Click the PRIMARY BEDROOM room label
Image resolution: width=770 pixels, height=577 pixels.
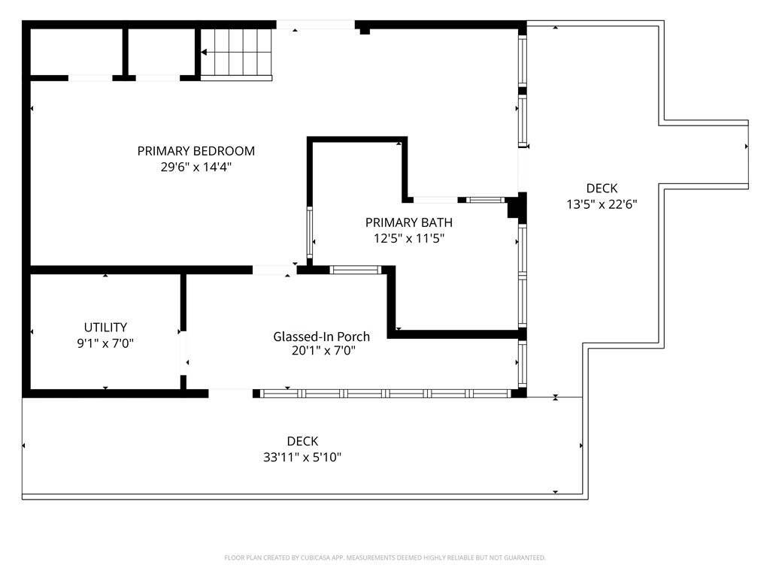click(196, 151)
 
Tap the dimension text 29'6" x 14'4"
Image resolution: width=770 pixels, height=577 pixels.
click(196, 168)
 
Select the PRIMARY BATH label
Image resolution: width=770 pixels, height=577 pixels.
click(408, 222)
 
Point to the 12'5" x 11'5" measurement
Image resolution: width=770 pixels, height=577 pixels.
click(408, 239)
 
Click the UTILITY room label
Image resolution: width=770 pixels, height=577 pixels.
click(105, 328)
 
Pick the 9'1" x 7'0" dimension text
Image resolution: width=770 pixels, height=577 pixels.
click(105, 343)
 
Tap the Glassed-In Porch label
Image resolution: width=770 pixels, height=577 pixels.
click(321, 337)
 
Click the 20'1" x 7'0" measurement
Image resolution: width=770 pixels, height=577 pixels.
click(321, 350)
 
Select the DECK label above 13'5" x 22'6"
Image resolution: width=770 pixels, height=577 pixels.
click(602, 188)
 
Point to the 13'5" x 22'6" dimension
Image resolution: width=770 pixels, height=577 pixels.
click(602, 204)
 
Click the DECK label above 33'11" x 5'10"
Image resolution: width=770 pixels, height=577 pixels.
click(302, 441)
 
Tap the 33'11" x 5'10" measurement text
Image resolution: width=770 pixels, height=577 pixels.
click(302, 457)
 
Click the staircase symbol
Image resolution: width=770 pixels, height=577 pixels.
click(236, 53)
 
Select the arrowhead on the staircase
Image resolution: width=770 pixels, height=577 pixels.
click(205, 53)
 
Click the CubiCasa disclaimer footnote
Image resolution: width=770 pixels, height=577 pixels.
click(385, 557)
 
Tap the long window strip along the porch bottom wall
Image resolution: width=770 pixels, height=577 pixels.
click(385, 393)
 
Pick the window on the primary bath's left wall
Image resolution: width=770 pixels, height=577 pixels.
click(309, 233)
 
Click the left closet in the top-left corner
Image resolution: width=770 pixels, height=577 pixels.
click(76, 53)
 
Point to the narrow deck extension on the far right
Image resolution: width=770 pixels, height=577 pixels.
click(705, 153)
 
